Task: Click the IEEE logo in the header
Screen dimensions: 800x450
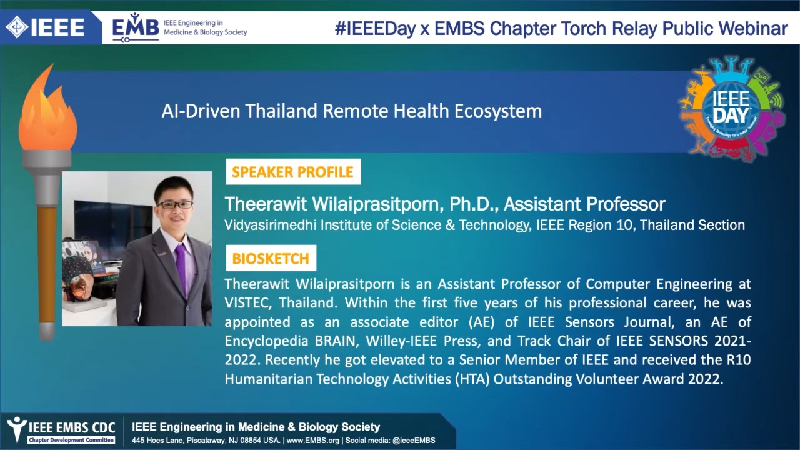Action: point(45,27)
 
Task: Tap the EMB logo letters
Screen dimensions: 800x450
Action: point(136,27)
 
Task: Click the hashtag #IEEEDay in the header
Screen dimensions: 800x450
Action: point(375,29)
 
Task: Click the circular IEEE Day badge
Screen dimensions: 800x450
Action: point(731,109)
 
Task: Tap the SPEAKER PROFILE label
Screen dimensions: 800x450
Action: point(293,172)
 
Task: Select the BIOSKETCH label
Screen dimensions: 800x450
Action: point(271,258)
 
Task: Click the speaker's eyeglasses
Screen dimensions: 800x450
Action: point(175,205)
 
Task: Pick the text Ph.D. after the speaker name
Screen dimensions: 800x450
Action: point(473,204)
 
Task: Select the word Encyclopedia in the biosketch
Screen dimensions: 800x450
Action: point(266,341)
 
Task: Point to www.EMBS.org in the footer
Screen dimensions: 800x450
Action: point(313,441)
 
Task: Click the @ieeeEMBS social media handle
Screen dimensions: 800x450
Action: point(414,441)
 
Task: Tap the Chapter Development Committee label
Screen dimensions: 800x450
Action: point(71,441)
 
